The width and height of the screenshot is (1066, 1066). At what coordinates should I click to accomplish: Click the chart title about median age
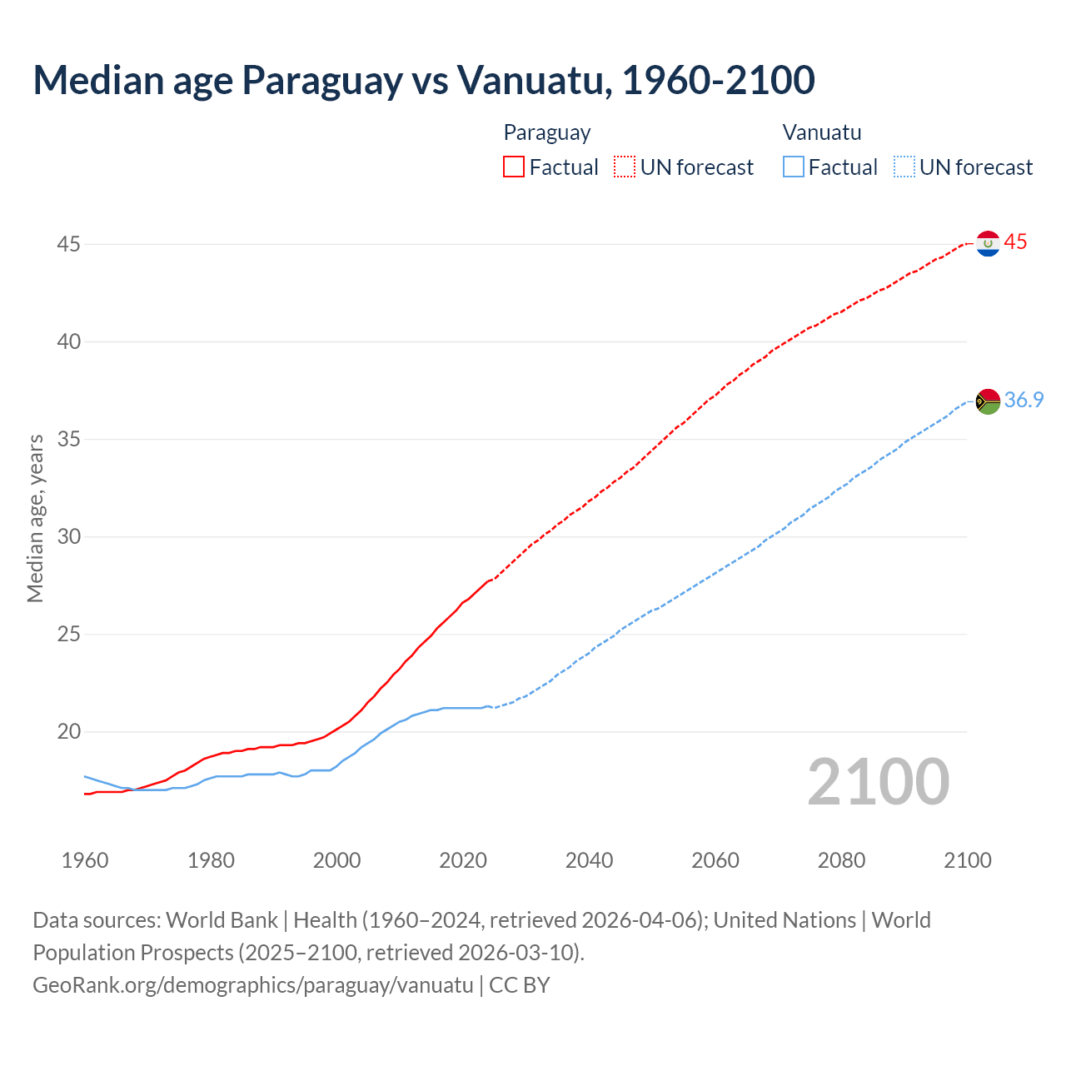click(423, 80)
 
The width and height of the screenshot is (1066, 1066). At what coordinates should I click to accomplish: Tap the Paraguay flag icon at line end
click(988, 243)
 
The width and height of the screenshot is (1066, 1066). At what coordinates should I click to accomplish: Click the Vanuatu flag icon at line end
click(988, 401)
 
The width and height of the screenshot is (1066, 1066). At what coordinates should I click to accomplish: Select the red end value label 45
click(1016, 242)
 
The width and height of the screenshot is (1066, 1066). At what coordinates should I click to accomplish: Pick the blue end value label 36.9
click(1024, 401)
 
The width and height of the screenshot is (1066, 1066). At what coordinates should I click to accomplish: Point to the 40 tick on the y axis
click(69, 341)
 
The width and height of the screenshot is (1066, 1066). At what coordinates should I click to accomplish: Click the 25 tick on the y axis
click(69, 635)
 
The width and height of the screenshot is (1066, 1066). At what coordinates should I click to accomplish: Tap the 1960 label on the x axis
click(85, 860)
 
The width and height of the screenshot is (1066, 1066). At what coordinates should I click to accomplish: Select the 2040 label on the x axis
click(589, 860)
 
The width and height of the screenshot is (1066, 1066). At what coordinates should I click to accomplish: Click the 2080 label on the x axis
click(841, 860)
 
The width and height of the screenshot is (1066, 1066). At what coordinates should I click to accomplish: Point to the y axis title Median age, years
click(35, 518)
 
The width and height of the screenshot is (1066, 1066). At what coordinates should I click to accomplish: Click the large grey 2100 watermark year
click(878, 782)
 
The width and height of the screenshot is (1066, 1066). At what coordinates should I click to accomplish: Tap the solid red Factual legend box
click(514, 167)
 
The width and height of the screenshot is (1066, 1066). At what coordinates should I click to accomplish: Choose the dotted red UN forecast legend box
click(625, 167)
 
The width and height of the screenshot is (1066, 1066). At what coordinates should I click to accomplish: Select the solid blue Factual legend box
click(793, 167)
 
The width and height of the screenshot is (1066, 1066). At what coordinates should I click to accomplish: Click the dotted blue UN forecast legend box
click(904, 167)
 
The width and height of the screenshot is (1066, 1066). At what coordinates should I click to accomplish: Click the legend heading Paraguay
click(547, 132)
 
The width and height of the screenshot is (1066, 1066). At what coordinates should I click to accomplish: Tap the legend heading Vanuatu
click(822, 132)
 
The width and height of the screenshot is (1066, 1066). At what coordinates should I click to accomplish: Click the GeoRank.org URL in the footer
click(253, 985)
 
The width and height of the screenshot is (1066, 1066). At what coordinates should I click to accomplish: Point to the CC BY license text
click(520, 985)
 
